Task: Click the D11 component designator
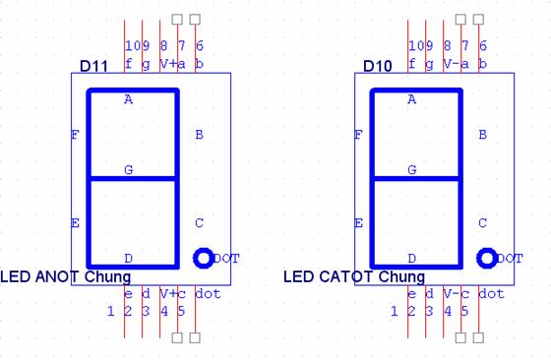coord(93,66)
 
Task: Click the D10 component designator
coord(378,66)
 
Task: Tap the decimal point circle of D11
coord(204,258)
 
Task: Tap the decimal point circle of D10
coord(487,258)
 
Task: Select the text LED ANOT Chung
coord(66,276)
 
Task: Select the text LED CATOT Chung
coord(354,276)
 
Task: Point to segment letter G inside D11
coord(129,170)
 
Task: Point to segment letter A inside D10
coord(412,99)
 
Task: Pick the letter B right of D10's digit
coord(482,135)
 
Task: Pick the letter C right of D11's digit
coord(199,223)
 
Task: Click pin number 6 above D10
coord(483,45)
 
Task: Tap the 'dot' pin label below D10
coord(491,294)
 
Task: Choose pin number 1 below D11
coord(110,311)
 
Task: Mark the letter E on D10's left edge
coord(358,223)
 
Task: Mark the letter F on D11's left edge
coord(75,135)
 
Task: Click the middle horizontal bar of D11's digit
coord(133,179)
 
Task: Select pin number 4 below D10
coord(448,311)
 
